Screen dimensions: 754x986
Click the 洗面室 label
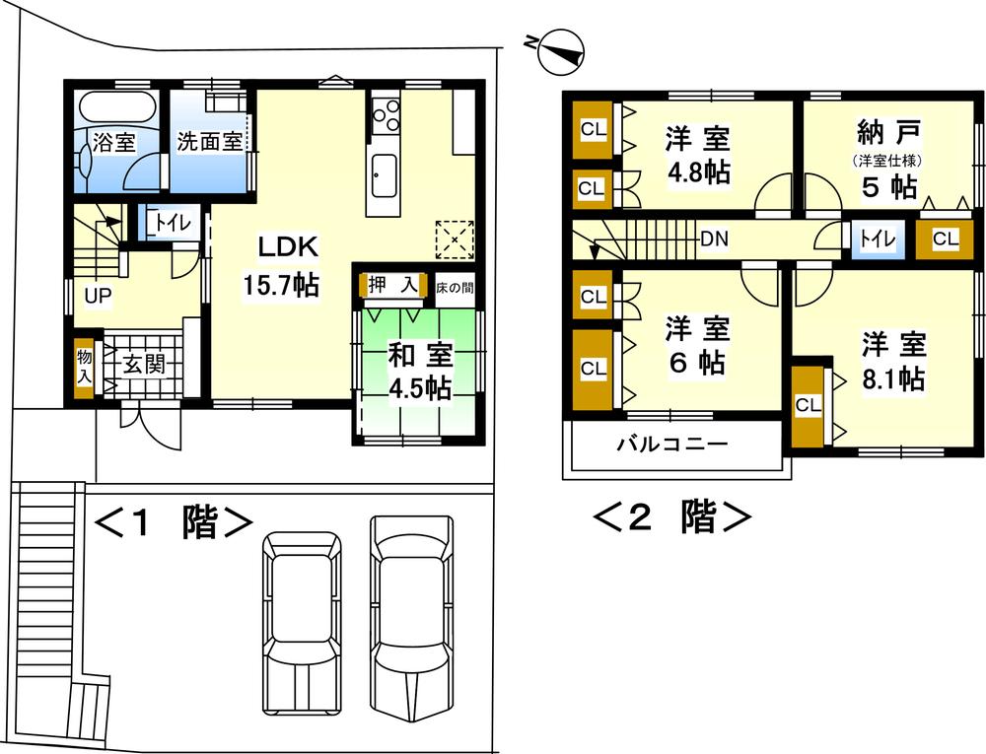tap(209, 141)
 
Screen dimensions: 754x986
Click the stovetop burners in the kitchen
tap(386, 114)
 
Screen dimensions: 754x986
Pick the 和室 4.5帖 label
tap(419, 370)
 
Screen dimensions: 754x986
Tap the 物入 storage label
tap(83, 366)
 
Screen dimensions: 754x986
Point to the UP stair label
tap(97, 295)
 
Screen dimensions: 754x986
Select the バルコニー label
tap(672, 444)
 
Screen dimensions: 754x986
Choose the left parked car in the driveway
tap(302, 621)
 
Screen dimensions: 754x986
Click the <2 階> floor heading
tap(672, 516)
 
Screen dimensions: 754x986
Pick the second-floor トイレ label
tap(871, 239)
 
